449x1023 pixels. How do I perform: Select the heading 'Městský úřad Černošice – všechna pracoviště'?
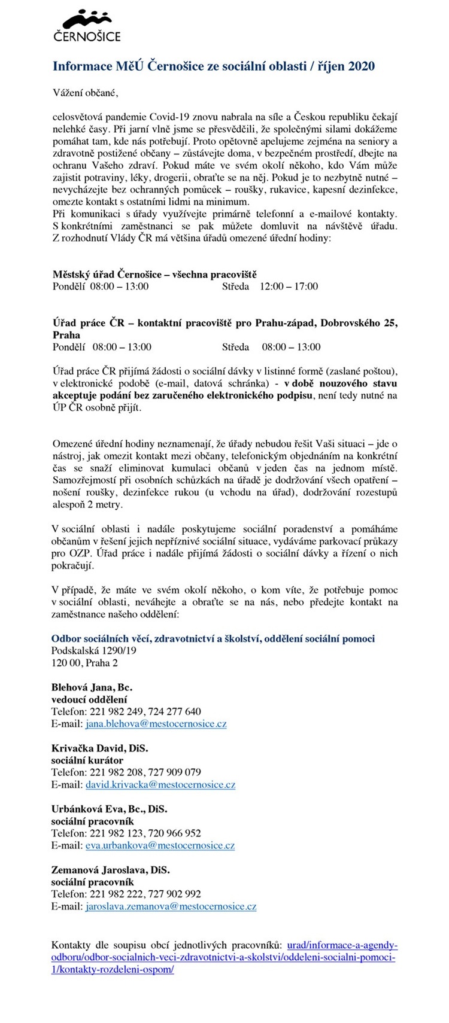tap(154, 274)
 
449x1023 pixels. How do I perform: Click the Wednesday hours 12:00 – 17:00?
tap(289, 286)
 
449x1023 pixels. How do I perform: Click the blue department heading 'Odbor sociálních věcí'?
tap(213, 639)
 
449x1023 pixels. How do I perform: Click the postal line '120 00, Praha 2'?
tap(85, 663)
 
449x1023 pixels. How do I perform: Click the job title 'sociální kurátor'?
tap(87, 760)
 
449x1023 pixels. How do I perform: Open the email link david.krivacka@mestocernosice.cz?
tap(160, 784)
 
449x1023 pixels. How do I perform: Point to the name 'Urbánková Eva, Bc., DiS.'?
tap(110, 809)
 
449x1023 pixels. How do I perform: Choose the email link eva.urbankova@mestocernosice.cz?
tap(160, 845)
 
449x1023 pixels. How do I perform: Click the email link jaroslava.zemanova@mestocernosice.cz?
tap(171, 906)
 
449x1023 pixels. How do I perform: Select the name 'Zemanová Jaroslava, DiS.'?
tap(111, 870)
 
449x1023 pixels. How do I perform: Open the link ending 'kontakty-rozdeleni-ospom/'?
tap(113, 970)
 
